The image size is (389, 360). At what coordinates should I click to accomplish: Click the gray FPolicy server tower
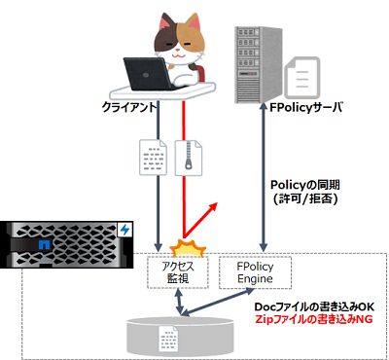pyautogui.click(x=257, y=60)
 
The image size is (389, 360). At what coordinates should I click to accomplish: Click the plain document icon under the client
pyautogui.click(x=156, y=159)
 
